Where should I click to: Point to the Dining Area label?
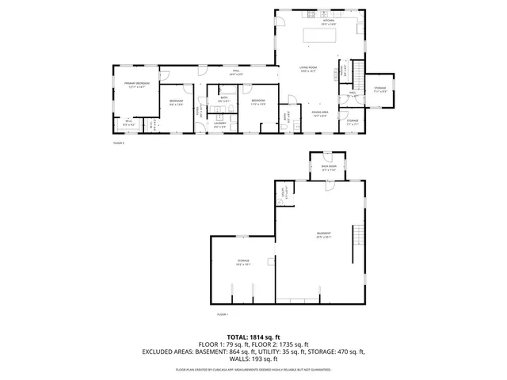click(x=320, y=113)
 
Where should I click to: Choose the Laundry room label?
click(x=221, y=124)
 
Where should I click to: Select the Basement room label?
click(x=323, y=234)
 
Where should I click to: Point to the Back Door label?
click(x=329, y=168)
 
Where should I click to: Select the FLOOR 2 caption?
click(x=119, y=143)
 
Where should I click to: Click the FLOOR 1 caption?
click(x=222, y=314)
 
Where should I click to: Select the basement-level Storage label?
click(x=242, y=260)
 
